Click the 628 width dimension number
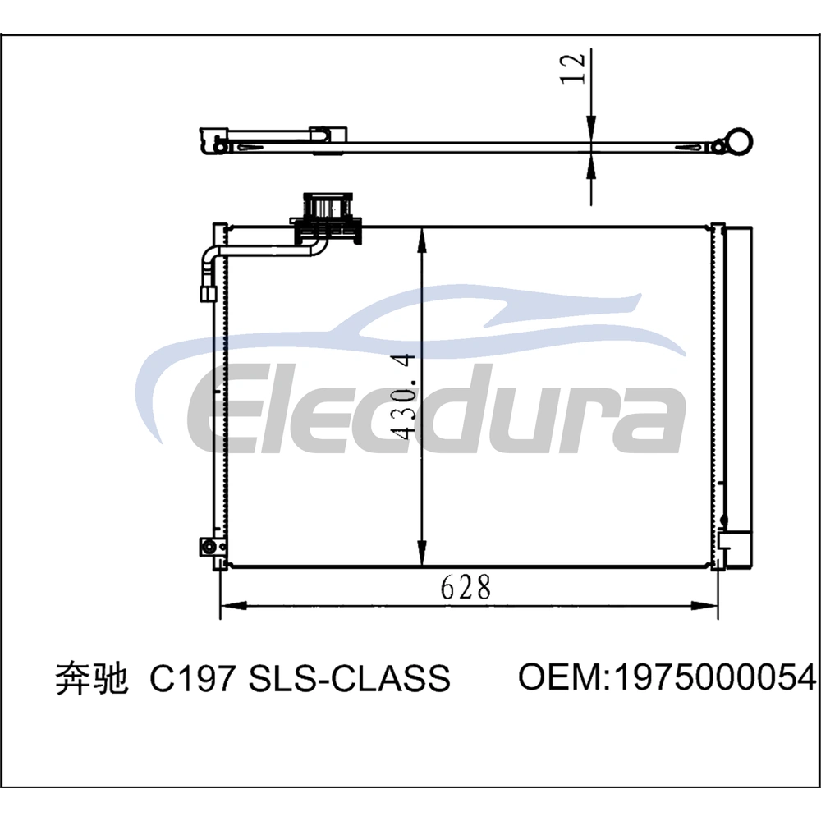pos(466,587)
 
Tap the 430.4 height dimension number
pos(404,397)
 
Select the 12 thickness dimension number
pos(572,69)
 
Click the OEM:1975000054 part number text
pos(667,677)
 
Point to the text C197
pos(191,678)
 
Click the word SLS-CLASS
pos(349,678)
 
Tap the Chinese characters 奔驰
pos(92,678)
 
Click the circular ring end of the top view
pos(739,141)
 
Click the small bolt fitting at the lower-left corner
pos(209,547)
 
